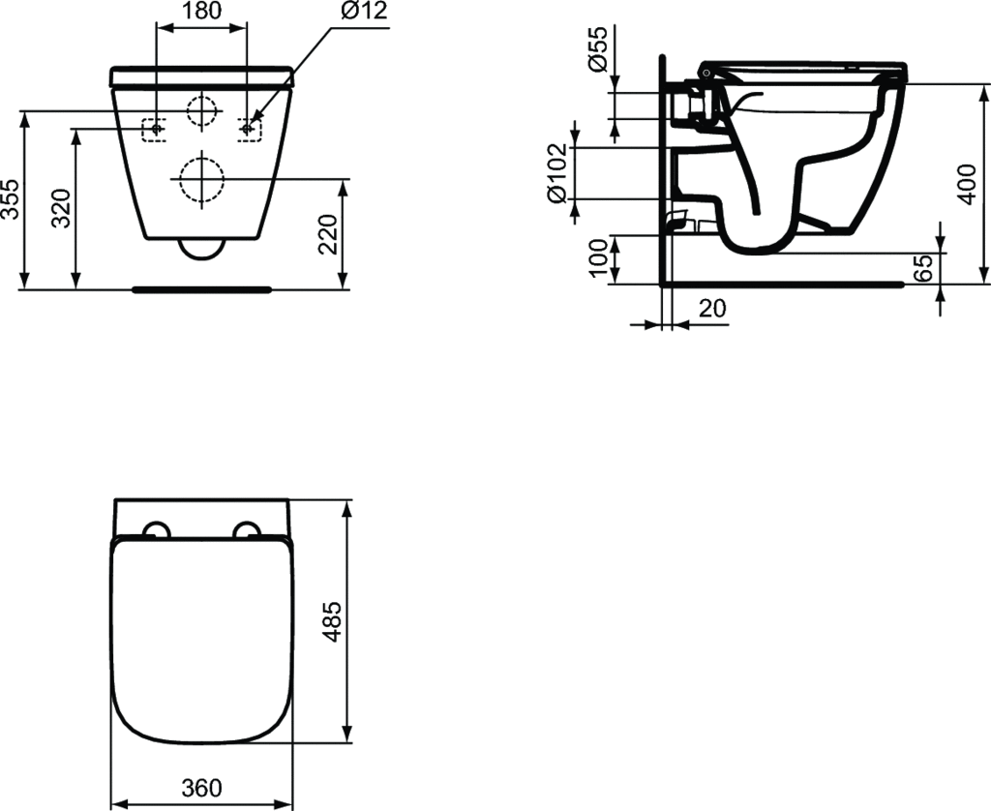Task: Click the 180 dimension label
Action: point(201,11)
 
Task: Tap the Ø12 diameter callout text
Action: point(364,11)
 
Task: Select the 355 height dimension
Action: point(11,199)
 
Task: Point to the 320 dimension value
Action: point(61,209)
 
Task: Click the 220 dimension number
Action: point(328,234)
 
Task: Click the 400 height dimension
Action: point(967,184)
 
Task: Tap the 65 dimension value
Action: point(923,269)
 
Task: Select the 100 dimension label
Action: point(598,257)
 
